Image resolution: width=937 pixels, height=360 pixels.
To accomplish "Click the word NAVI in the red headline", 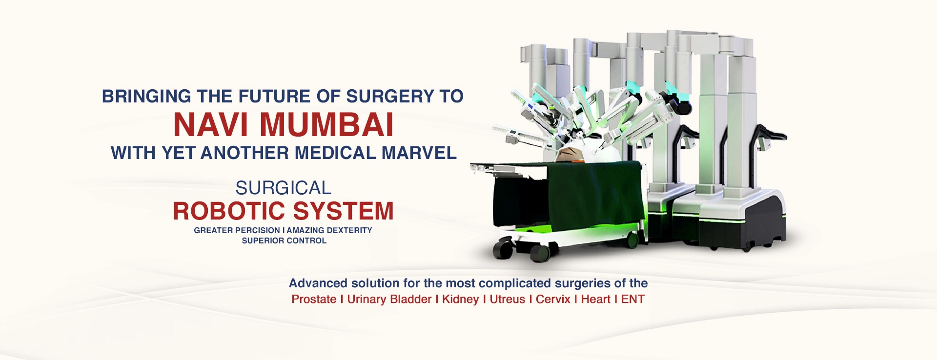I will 210,125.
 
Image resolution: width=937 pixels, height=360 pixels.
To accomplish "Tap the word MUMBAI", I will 326,125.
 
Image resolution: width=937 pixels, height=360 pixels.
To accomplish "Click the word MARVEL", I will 419,153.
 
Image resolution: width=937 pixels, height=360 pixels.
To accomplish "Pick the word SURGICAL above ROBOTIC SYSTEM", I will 283,188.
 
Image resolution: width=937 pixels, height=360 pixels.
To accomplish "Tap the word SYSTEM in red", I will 344,211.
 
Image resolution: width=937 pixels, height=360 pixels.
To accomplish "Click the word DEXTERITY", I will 349,230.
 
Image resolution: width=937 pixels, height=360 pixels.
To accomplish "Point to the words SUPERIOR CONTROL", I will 284,240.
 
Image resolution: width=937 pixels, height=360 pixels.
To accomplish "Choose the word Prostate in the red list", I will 314,300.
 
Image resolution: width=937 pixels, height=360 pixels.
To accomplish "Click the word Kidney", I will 460,300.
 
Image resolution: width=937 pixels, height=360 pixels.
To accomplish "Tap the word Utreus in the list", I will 507,300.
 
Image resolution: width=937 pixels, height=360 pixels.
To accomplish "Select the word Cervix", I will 553,300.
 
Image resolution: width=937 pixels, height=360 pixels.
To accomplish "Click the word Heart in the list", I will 595,300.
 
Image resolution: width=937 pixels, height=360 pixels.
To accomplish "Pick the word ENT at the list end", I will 632,300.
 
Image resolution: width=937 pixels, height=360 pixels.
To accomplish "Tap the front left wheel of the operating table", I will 502,249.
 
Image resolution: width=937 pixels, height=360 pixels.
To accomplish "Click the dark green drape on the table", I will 586,195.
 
